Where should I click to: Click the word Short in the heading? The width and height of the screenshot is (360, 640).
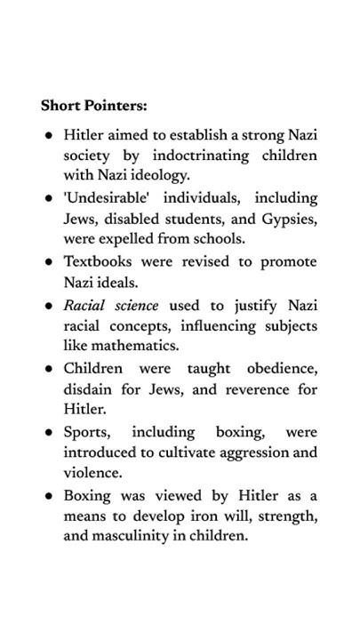59,106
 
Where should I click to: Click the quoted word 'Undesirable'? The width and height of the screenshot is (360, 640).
100,197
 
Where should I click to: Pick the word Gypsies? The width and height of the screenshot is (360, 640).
288,219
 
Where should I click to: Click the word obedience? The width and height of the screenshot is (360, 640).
281,369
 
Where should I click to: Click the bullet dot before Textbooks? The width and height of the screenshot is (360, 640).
49,263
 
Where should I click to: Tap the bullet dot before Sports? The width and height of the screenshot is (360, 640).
49,433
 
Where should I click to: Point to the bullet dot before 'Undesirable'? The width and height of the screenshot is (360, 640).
49,198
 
